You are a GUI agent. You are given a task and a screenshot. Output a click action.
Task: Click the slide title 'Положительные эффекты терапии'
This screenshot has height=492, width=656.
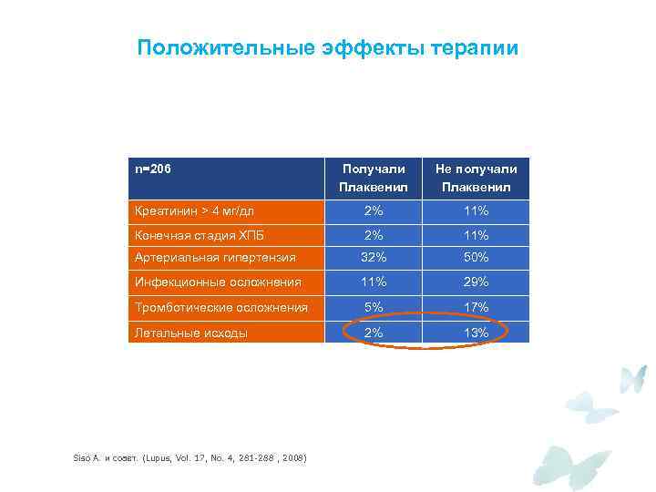point(328,47)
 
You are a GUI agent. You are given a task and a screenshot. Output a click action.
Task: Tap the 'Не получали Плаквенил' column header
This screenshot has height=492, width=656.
point(476,179)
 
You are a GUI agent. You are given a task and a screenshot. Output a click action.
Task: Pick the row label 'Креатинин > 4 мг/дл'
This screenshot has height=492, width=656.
point(195,211)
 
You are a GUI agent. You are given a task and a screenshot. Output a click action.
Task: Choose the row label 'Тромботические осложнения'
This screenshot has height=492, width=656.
point(221,307)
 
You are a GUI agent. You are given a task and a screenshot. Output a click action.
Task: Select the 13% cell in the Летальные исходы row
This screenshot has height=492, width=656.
point(476,333)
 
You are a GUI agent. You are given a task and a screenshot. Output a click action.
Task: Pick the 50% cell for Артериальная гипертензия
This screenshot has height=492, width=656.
point(476,258)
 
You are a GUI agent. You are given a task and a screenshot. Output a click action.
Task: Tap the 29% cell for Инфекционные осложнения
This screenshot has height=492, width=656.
point(476,282)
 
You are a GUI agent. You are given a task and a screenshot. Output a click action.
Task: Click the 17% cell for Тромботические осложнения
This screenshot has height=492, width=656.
point(476,307)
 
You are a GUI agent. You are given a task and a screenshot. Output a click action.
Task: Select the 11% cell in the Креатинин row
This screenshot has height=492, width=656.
point(476,211)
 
